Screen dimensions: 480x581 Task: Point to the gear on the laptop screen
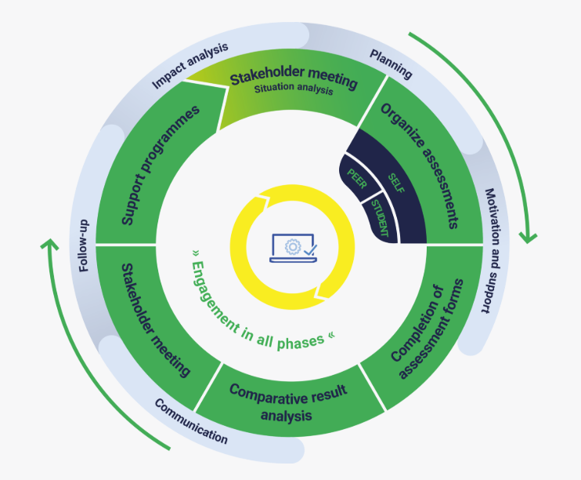[292, 245]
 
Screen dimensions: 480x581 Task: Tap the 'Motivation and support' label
[488, 250]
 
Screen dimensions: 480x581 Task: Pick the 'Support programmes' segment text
[161, 165]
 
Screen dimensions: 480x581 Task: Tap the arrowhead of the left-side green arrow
[49, 245]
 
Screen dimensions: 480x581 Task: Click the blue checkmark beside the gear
[310, 249]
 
